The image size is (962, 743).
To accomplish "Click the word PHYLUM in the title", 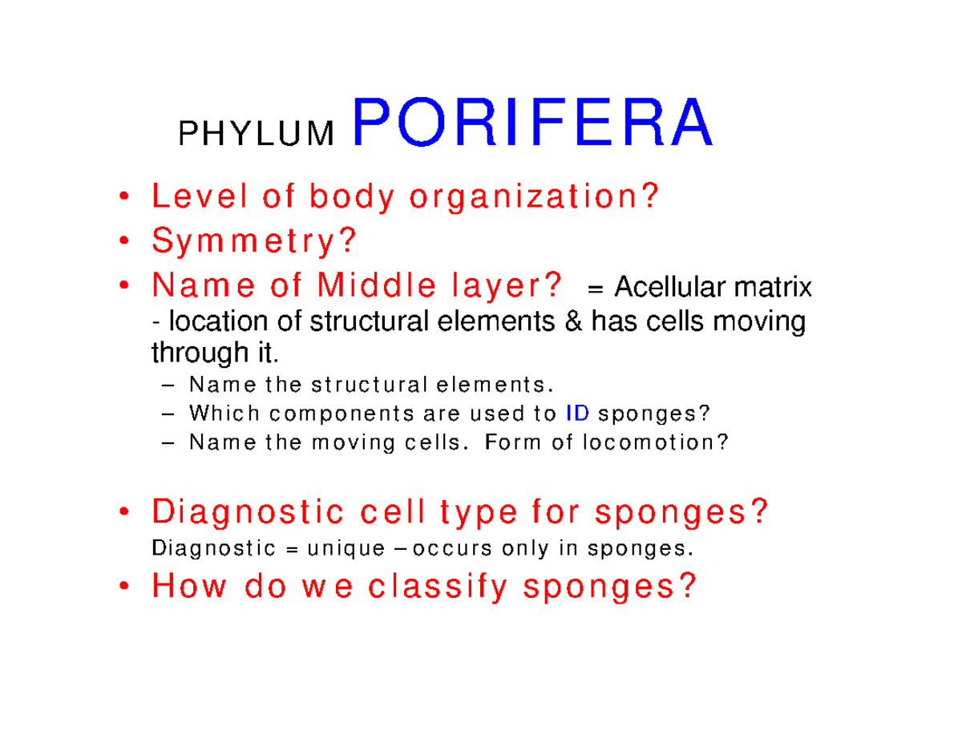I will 256,135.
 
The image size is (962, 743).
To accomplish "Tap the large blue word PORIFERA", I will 531,124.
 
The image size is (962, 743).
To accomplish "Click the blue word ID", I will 578,414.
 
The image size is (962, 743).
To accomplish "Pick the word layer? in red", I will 511,285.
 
